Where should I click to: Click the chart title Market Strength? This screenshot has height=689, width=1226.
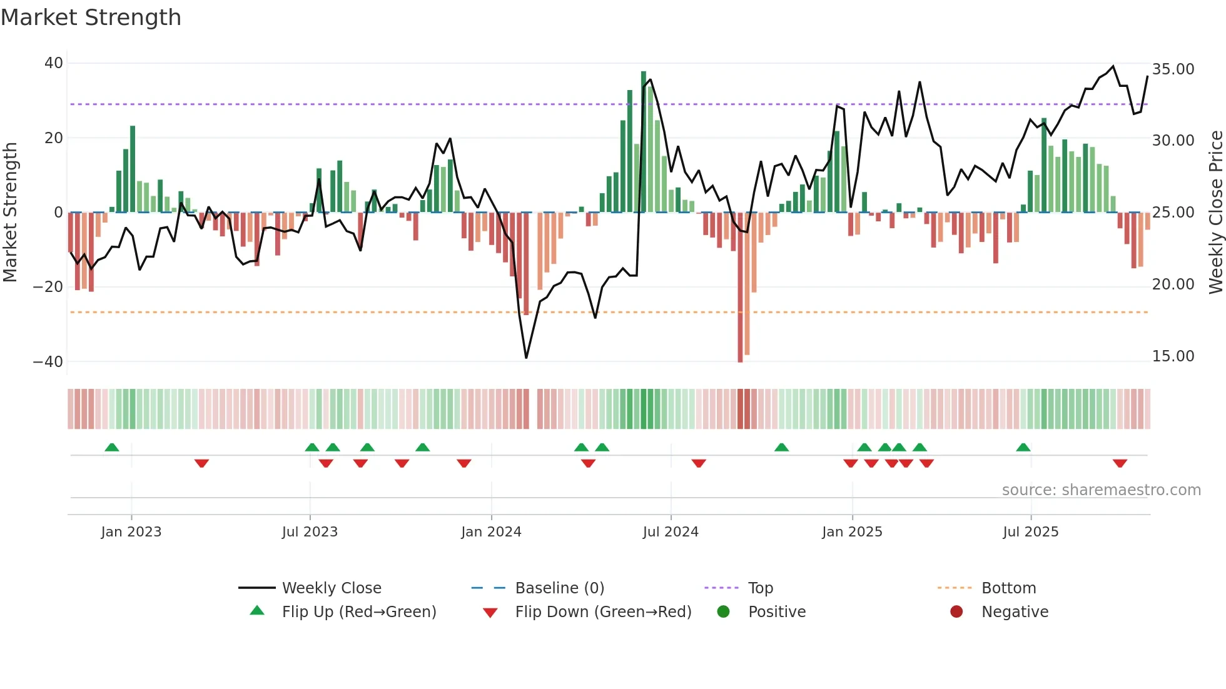pyautogui.click(x=91, y=18)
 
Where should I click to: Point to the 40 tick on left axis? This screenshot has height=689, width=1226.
pyautogui.click(x=54, y=63)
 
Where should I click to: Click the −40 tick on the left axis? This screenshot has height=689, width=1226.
pyautogui.click(x=48, y=362)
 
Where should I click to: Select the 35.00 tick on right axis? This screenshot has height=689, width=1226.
pyautogui.click(x=1173, y=69)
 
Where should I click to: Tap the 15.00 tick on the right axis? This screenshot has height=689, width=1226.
pyautogui.click(x=1173, y=356)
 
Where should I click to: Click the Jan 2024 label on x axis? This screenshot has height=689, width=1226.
pyautogui.click(x=491, y=532)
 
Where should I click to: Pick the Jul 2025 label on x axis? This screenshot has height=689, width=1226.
pyautogui.click(x=1030, y=532)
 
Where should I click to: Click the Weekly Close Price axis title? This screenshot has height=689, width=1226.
pyautogui.click(x=1215, y=213)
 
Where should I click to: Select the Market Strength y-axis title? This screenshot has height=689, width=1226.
pyautogui.click(x=10, y=213)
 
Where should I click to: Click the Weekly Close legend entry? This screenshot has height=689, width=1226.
pyautogui.click(x=332, y=588)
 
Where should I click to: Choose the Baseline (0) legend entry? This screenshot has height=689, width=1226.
pyautogui.click(x=559, y=588)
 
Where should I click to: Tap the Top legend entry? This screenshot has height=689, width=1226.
pyautogui.click(x=761, y=588)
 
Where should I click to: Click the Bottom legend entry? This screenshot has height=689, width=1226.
pyautogui.click(x=1008, y=588)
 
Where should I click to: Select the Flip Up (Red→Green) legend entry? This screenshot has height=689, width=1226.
pyautogui.click(x=358, y=612)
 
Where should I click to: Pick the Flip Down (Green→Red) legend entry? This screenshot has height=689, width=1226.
pyautogui.click(x=603, y=612)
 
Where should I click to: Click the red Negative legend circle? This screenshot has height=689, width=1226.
pyautogui.click(x=956, y=611)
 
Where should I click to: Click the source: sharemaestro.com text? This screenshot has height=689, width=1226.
pyautogui.click(x=1101, y=490)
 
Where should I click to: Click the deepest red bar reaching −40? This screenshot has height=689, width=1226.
pyautogui.click(x=740, y=288)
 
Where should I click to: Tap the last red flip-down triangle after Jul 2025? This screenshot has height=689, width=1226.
pyautogui.click(x=1120, y=463)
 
